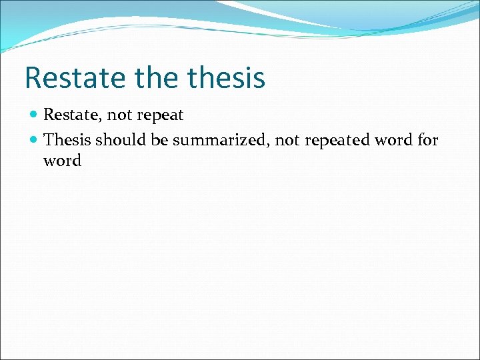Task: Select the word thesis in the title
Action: click(x=226, y=77)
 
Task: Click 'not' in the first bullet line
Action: click(x=120, y=115)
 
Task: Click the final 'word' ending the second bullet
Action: click(x=62, y=161)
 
